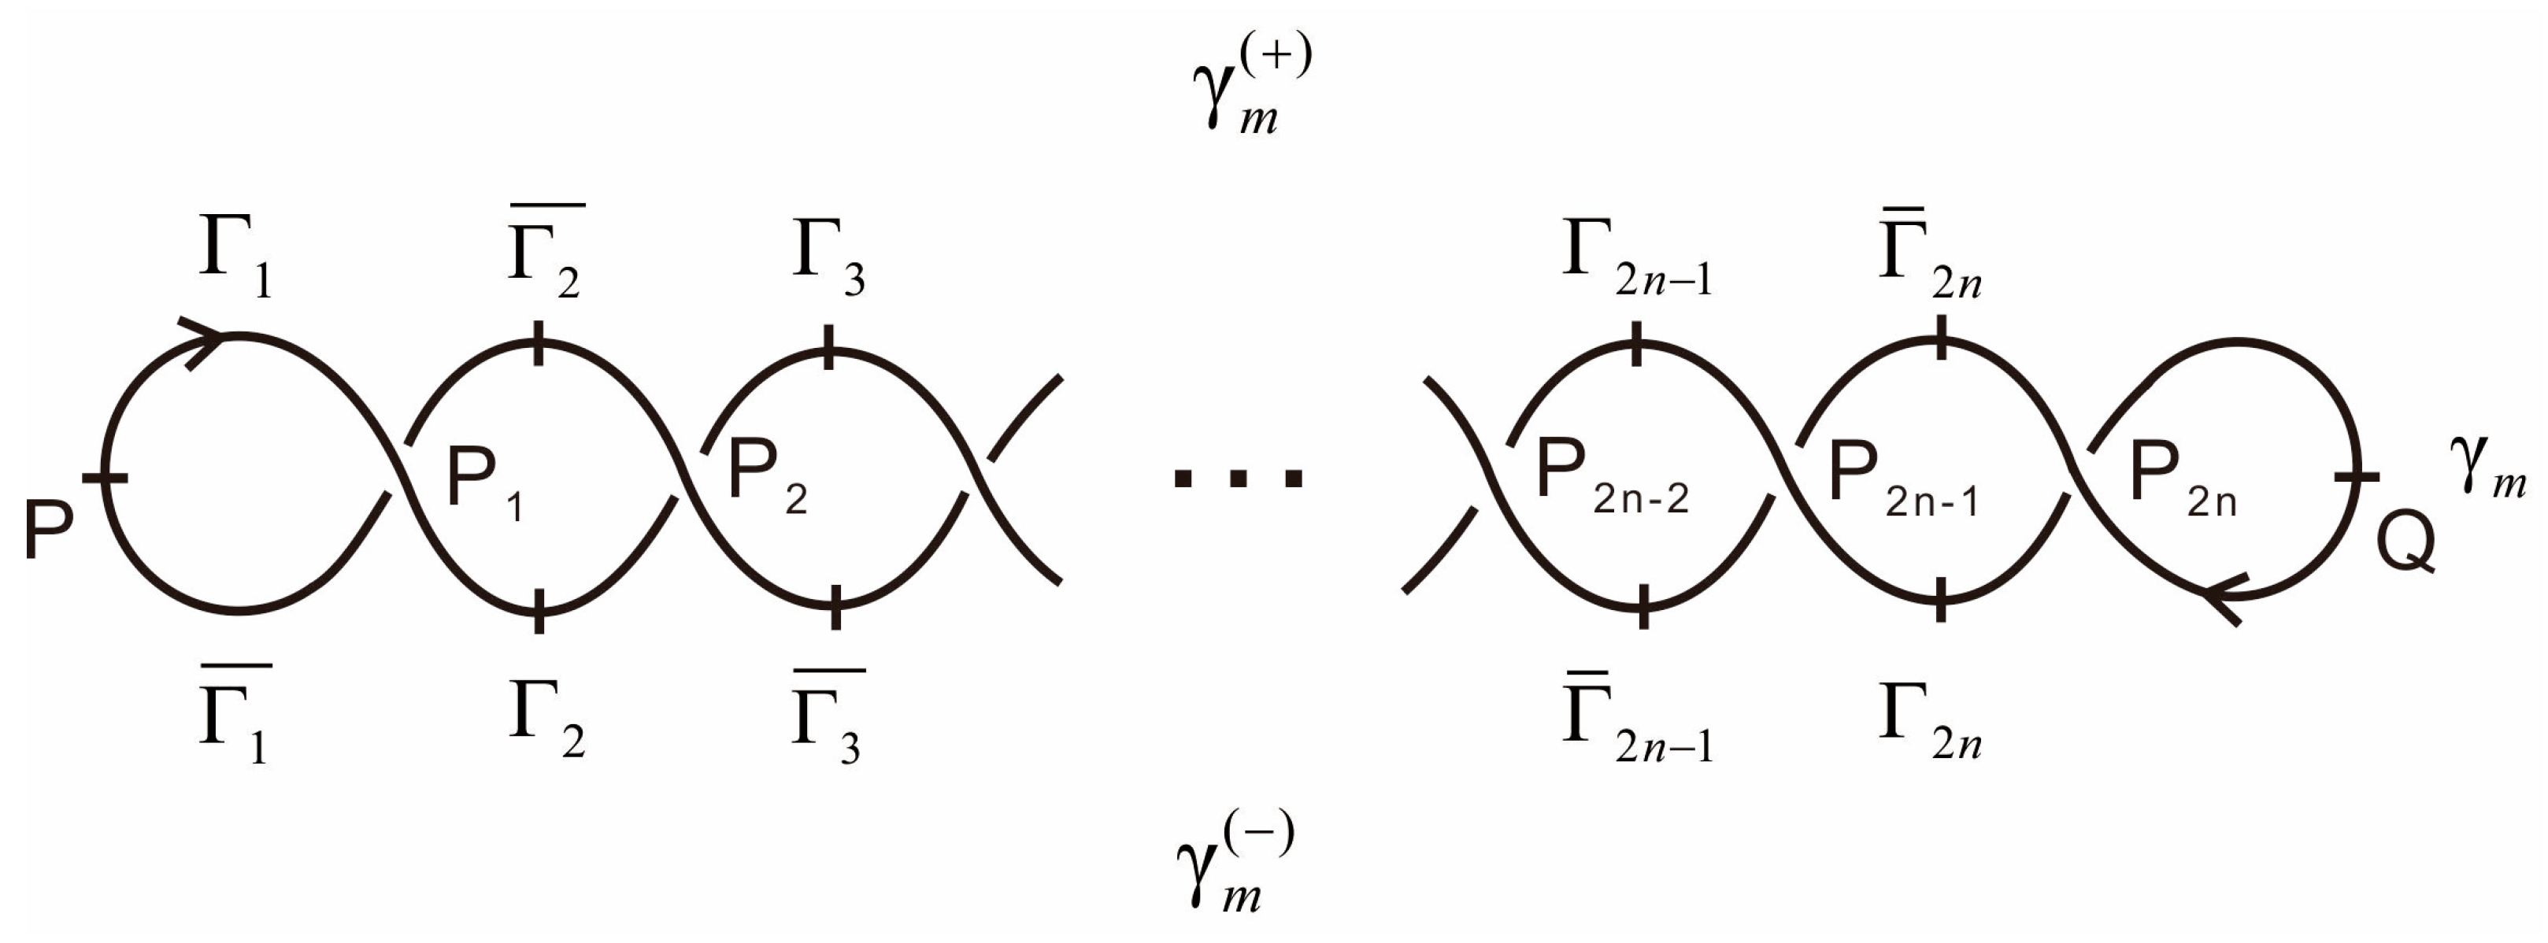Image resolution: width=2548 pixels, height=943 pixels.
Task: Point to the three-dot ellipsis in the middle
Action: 1238,479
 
